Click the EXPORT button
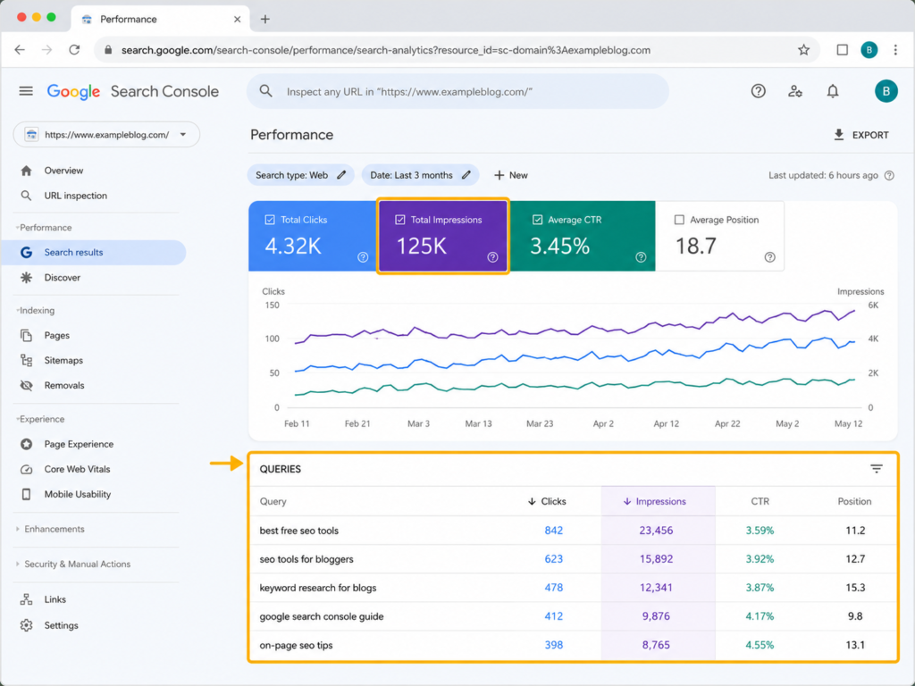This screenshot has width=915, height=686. (x=860, y=135)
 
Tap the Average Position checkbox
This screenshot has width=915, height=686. (x=679, y=220)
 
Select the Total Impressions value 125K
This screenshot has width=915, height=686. (x=422, y=247)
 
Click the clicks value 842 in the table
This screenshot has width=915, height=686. (x=553, y=531)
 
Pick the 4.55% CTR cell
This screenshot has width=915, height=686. (x=760, y=645)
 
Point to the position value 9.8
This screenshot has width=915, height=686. (x=855, y=616)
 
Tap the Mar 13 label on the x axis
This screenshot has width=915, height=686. (x=478, y=423)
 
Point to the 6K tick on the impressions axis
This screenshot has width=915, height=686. (x=873, y=305)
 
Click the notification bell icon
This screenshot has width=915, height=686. (x=833, y=91)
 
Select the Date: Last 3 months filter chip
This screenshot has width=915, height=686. (x=420, y=175)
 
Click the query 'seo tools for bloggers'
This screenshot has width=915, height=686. (x=306, y=559)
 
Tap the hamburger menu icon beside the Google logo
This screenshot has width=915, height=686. (x=26, y=91)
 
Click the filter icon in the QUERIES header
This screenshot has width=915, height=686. (x=876, y=468)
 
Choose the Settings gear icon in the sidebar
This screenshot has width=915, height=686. (x=26, y=625)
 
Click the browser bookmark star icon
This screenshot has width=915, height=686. (x=803, y=50)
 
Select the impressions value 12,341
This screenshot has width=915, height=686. (x=656, y=588)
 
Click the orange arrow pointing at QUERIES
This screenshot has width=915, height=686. (x=226, y=464)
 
